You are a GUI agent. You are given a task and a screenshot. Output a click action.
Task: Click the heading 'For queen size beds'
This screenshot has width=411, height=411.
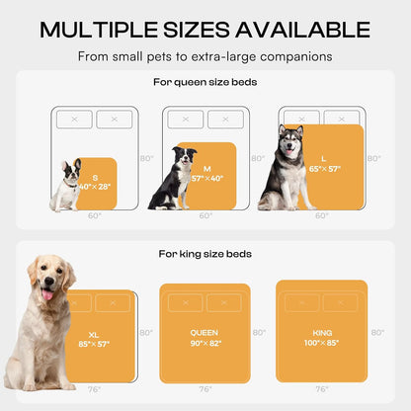pos(205,83)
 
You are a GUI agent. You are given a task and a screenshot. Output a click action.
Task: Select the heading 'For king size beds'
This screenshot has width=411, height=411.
pos(205,254)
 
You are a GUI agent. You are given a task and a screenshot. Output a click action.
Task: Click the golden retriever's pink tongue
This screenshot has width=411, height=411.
pos(45,293)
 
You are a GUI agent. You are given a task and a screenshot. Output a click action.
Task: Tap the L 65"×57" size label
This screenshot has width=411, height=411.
pos(323,163)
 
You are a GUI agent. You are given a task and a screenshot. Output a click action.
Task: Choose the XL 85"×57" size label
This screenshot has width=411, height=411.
pos(100,339)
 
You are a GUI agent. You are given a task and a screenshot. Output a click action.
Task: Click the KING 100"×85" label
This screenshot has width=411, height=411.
pos(322,338)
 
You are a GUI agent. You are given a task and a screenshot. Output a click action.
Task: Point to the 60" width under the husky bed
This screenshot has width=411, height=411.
pos(320,215)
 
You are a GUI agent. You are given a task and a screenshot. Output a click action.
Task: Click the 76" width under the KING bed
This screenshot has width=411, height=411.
pos(321,389)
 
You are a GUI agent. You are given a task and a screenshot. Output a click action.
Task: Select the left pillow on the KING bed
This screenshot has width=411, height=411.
pos(301,301)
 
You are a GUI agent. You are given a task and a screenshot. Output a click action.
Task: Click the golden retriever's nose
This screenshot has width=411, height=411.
pos(44,281)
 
